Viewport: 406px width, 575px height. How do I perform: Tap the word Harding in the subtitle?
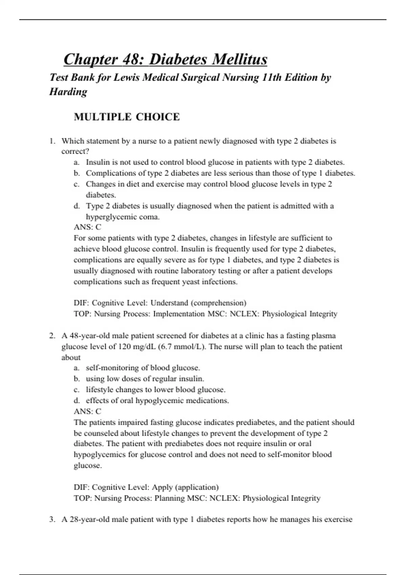tap(68, 92)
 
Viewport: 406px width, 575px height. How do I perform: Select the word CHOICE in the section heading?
tap(158, 117)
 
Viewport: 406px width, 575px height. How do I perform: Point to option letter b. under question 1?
tap(77, 173)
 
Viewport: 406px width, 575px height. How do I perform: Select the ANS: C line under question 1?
tap(87, 227)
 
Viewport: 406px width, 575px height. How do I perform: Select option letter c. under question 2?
tap(77, 390)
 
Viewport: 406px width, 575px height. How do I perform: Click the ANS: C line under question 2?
tap(87, 411)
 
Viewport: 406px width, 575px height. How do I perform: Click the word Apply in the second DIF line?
tap(160, 487)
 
